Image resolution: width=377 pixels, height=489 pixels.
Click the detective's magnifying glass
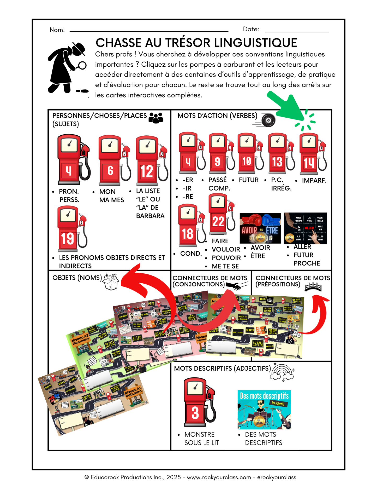[82, 65]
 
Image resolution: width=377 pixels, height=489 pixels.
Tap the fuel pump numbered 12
[149, 159]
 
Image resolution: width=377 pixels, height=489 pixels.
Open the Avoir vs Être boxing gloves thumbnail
[260, 228]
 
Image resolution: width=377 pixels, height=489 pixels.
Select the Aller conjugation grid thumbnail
[305, 228]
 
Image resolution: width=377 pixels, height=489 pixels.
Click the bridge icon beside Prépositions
[313, 287]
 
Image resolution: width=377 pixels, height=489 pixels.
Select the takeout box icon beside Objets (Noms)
[111, 282]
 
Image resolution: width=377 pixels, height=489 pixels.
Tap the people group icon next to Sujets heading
[156, 118]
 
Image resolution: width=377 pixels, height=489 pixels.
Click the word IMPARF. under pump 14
[314, 180]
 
